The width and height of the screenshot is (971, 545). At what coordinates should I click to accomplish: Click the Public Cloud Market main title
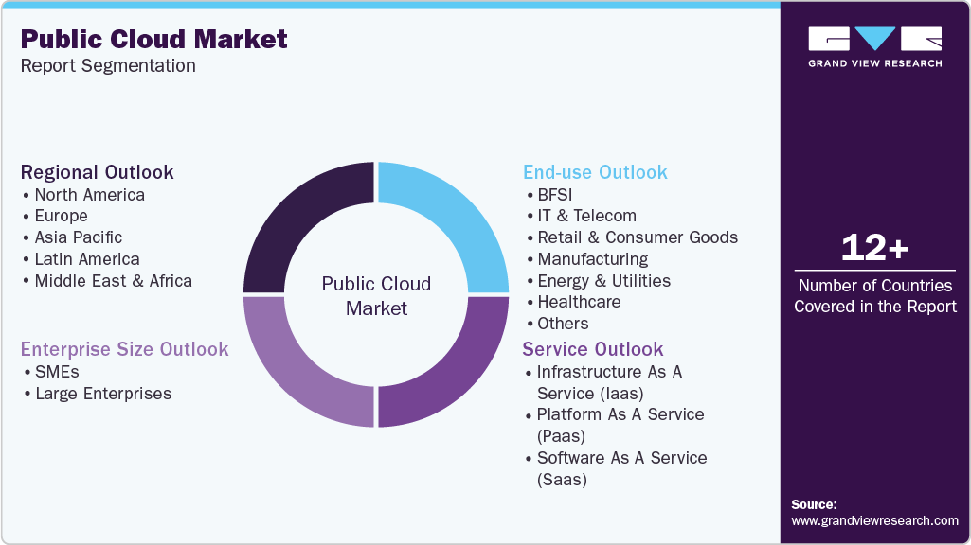[153, 39]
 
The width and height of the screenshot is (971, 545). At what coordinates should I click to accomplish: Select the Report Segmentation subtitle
[108, 66]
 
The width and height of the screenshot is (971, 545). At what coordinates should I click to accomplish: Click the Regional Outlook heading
[98, 172]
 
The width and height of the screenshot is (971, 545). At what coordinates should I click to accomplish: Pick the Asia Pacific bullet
[78, 237]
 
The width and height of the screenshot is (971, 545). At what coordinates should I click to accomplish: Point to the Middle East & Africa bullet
[113, 281]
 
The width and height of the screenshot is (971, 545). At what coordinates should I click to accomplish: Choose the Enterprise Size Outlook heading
[124, 349]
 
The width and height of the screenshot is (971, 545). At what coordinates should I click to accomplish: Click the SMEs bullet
[57, 372]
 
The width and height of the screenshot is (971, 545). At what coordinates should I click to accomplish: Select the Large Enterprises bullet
[102, 394]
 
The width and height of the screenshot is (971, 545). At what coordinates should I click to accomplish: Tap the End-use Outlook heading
[595, 172]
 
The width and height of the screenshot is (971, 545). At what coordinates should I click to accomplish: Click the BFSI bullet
[554, 195]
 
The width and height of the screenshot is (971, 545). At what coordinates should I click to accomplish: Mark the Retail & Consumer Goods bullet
[637, 237]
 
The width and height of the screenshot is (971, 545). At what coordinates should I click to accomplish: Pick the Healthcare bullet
[579, 302]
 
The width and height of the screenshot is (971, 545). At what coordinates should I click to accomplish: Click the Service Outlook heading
[593, 349]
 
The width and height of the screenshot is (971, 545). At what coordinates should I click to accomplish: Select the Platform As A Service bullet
[620, 425]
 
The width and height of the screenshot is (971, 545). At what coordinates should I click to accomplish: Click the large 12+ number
[874, 248]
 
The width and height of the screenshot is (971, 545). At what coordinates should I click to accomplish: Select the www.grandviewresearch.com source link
[874, 520]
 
